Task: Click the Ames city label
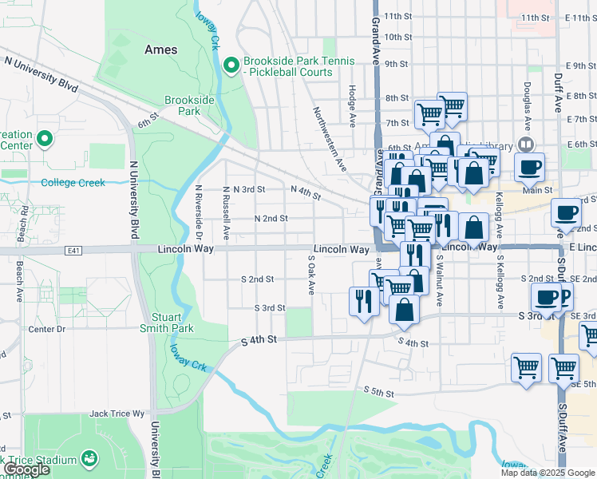coord(161,49)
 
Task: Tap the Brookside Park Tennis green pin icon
coord(231,65)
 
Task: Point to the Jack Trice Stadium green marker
coord(89,459)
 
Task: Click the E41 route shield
coord(73,250)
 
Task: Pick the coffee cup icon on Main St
coord(529,167)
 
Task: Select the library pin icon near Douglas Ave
coord(525,144)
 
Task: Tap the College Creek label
coord(73,183)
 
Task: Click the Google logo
coord(26,469)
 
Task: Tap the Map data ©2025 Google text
coord(548,473)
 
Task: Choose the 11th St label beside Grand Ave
coord(397,17)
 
